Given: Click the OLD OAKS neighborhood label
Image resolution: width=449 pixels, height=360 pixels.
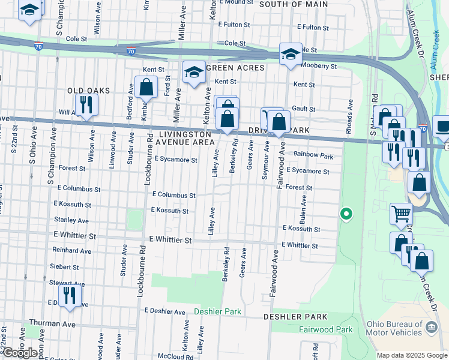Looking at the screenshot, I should (89, 90).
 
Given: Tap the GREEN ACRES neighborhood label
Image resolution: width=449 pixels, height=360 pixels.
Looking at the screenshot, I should (235, 68).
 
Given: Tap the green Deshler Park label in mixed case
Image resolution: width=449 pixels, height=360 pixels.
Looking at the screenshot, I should (217, 312).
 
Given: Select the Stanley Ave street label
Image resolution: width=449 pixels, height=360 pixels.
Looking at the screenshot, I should (71, 220).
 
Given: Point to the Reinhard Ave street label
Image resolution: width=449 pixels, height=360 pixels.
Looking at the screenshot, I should (71, 250).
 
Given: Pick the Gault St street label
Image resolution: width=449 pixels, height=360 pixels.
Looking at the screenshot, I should (303, 108).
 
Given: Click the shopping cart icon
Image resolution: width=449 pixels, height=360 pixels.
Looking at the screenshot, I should (401, 213).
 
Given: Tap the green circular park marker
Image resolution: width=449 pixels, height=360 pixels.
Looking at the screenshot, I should (346, 213).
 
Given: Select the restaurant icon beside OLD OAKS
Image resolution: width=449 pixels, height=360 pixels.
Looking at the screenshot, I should (86, 105).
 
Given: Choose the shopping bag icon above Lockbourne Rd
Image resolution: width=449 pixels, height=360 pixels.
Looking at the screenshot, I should (146, 88).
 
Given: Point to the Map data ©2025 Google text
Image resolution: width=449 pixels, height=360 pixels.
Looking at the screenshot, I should (411, 355).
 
